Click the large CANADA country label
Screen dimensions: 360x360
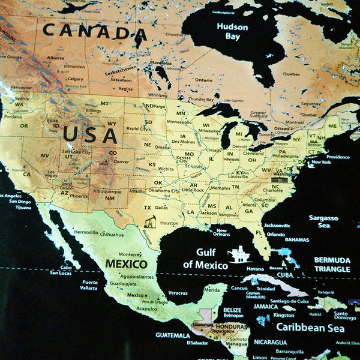(95, 31)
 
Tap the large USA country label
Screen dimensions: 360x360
(90, 134)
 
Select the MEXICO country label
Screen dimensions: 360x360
(126, 263)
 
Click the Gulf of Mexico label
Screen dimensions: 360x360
(205, 259)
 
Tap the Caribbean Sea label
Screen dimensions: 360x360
(310, 328)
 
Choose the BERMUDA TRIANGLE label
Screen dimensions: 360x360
(332, 265)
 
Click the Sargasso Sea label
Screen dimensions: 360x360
(323, 221)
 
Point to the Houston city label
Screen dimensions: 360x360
(169, 223)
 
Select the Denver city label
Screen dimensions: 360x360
(122, 161)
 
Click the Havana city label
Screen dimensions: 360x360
(255, 268)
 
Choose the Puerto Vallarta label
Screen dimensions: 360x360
(90, 285)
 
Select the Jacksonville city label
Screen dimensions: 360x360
(277, 226)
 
